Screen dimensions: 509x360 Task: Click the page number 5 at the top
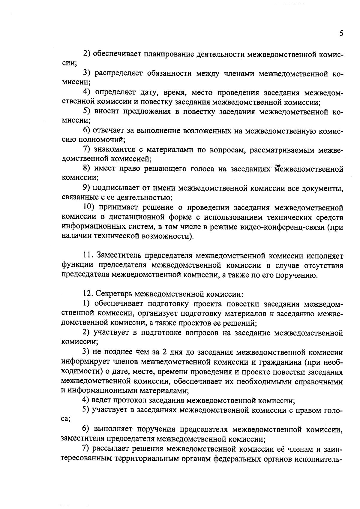[341, 33]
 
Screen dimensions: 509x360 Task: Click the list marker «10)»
[89, 208]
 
